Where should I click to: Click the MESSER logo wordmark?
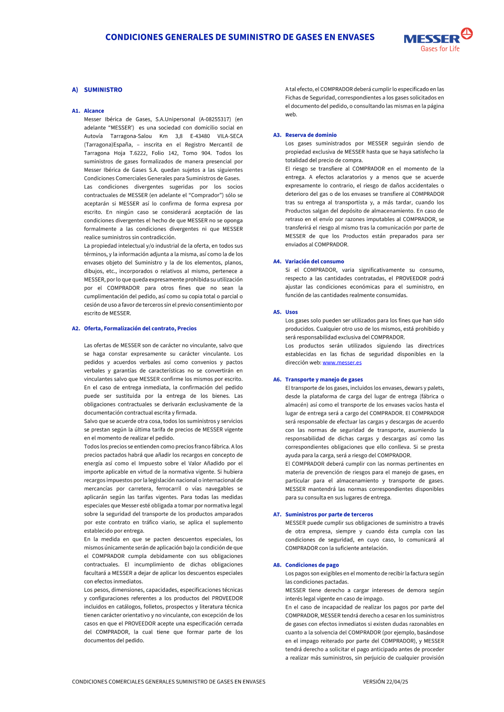pos(431,39)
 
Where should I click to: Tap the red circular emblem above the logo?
pos(467,33)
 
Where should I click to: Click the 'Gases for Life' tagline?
pos(440,49)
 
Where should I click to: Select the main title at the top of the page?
pos(240,37)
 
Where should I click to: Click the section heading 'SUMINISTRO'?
pos(103,90)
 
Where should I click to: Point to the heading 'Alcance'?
pos(94,111)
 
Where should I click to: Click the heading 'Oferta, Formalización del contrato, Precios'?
pos(140,328)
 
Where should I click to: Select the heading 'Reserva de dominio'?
pos(311,135)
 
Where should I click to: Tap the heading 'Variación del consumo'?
pos(314,261)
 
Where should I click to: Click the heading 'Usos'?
pos(291,312)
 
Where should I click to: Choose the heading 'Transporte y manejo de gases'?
pos(324,380)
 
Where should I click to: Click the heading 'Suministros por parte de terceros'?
pos(329,515)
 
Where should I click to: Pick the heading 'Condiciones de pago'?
pos(312,565)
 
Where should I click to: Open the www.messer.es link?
pos(342,363)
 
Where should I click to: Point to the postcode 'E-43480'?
pos(203,136)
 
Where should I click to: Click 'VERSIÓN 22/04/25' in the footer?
pos(386,682)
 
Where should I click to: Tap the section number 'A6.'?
pos(277,380)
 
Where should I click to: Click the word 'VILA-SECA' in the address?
pos(230,136)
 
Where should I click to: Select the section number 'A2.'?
pos(76,328)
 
